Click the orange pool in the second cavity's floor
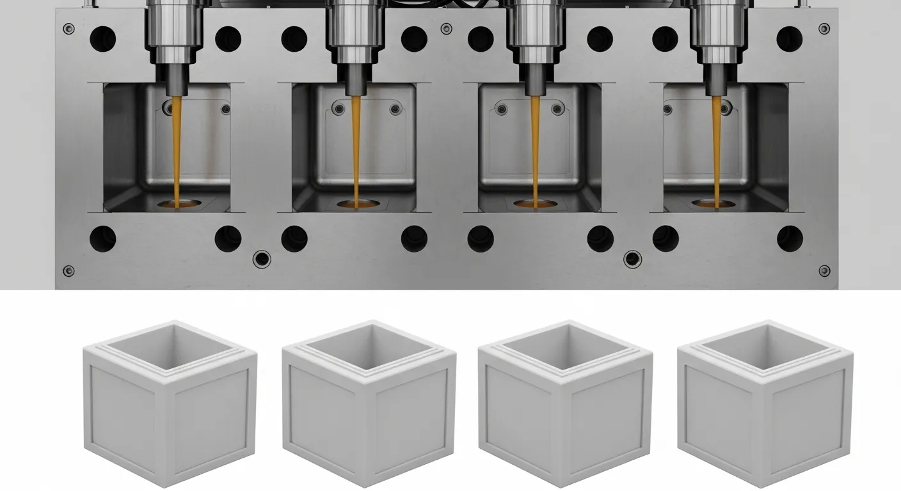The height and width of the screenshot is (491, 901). click(x=355, y=205)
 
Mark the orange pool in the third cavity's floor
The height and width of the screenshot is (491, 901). click(x=534, y=205)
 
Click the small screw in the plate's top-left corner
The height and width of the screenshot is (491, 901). click(x=68, y=29)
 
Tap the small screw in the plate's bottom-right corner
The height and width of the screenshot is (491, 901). click(x=824, y=270)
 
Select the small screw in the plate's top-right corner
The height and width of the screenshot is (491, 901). click(x=824, y=29)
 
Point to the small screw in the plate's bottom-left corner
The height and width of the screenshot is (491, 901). click(x=68, y=270)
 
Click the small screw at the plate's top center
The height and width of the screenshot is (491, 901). click(x=446, y=29)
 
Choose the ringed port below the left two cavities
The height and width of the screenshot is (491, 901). click(x=261, y=259)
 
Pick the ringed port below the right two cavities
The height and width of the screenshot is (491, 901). click(x=632, y=259)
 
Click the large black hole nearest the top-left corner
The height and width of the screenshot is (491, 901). click(x=102, y=39)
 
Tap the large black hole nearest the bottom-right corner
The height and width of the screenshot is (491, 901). click(x=790, y=238)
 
